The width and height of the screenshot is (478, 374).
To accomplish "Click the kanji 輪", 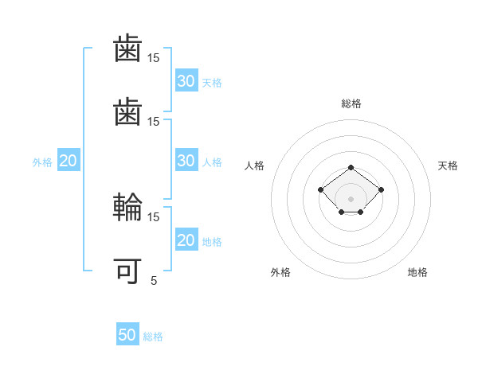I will [x=128, y=208].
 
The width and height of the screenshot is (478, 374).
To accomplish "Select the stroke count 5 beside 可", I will [x=154, y=280].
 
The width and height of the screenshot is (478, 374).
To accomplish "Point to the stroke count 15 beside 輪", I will [x=154, y=216].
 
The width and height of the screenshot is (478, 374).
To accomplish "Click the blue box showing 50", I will [x=127, y=335].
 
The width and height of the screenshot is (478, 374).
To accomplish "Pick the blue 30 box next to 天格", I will [x=186, y=81].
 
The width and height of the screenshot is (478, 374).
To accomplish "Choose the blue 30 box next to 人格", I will [x=186, y=161].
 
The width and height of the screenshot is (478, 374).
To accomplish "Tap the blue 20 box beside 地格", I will [x=186, y=240].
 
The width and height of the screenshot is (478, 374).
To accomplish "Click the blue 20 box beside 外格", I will [x=69, y=161].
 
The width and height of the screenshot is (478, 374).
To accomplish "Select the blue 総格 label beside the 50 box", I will [x=153, y=337].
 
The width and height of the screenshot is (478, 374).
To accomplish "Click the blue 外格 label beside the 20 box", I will [x=42, y=162].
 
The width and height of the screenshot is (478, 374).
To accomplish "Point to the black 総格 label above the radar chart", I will [x=351, y=103].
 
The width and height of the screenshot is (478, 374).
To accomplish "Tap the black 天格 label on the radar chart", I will [x=448, y=166].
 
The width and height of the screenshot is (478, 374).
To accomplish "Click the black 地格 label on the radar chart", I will [x=417, y=272].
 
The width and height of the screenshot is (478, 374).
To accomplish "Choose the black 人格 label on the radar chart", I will [x=255, y=166].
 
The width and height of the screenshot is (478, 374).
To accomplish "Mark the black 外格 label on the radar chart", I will [x=280, y=272].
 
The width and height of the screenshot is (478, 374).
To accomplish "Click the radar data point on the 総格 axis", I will [x=351, y=167].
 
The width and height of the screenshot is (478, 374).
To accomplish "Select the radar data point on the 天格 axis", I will [x=381, y=189].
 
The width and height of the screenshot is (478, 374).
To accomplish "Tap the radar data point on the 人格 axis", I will [x=320, y=189].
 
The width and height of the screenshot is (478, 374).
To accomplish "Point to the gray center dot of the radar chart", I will [x=351, y=199].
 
